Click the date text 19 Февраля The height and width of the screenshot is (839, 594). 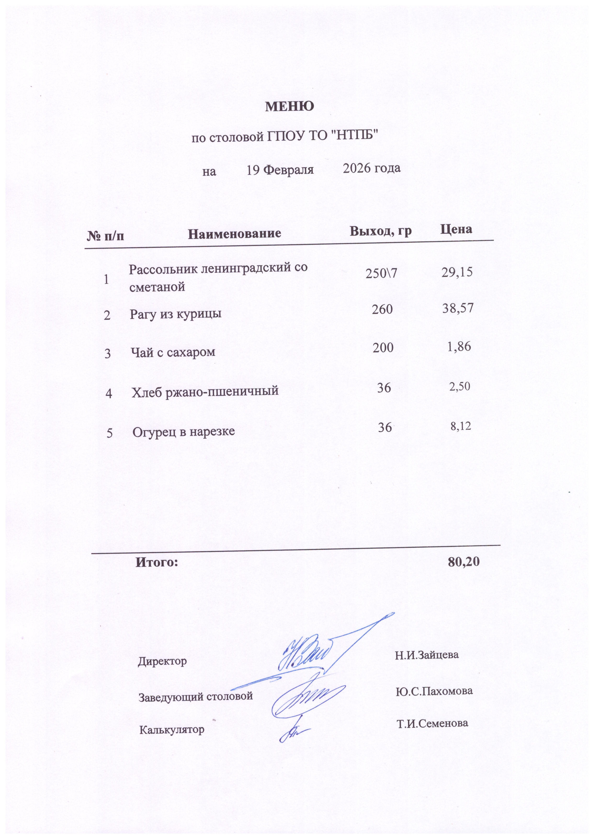point(280,170)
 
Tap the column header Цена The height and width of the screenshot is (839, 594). point(456,229)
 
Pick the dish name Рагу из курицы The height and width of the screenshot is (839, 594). point(175,314)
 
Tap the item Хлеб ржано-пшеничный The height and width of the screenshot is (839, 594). point(205,391)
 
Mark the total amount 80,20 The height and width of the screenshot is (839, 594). point(464,562)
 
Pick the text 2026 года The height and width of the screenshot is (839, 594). point(372,168)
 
